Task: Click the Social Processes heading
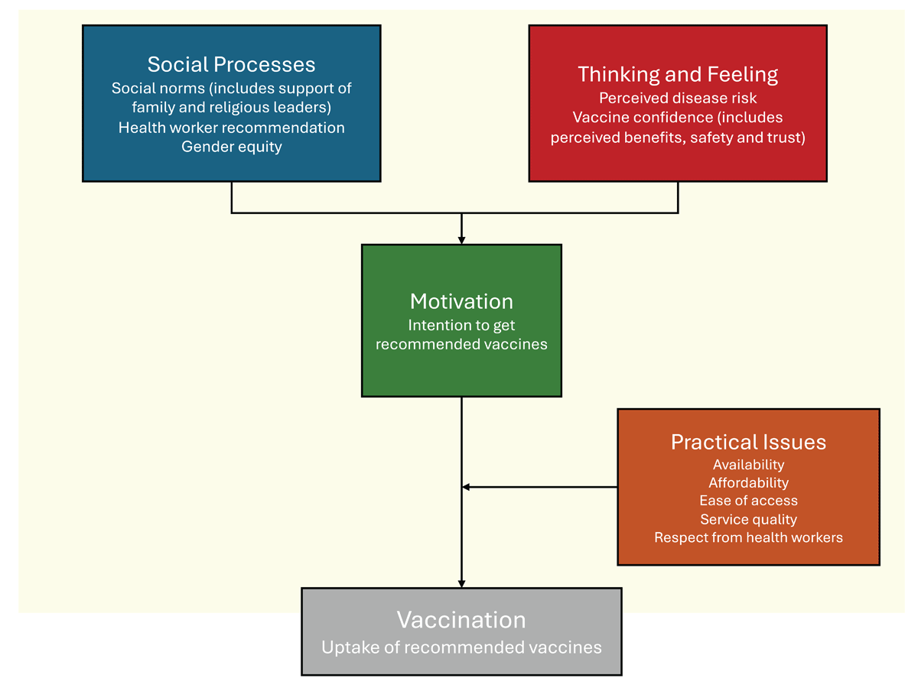pos(231,64)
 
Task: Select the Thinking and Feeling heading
pos(678,74)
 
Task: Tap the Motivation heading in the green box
pos(461,300)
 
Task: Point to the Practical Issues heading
pos(748,442)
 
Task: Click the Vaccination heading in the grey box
pos(461,619)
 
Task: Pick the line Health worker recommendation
pos(231,128)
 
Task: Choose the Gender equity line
pos(231,147)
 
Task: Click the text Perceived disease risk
pos(678,98)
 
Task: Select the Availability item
pos(748,465)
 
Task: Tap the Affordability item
pos(748,483)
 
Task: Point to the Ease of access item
pos(748,501)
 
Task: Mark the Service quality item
pos(748,520)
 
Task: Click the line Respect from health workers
pos(748,538)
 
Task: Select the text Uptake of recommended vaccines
pos(461,647)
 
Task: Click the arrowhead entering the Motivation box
pos(461,240)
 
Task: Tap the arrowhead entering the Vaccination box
pos(461,583)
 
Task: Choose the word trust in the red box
pos(787,138)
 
